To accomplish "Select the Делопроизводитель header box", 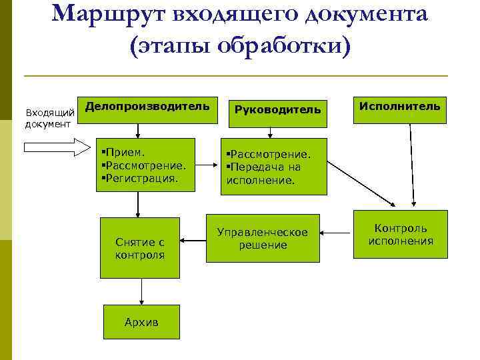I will [148, 107].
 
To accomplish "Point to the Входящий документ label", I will [49, 117].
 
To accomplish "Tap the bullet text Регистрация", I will [140, 178].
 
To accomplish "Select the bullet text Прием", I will [123, 152].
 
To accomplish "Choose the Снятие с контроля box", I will [139, 248].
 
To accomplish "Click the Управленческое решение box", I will [263, 238].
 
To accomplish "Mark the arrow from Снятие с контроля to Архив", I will [141, 291].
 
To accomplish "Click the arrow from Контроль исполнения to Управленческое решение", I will [336, 233].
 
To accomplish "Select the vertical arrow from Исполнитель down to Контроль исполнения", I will [412, 163].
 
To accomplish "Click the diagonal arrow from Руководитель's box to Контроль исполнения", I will [361, 181].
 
